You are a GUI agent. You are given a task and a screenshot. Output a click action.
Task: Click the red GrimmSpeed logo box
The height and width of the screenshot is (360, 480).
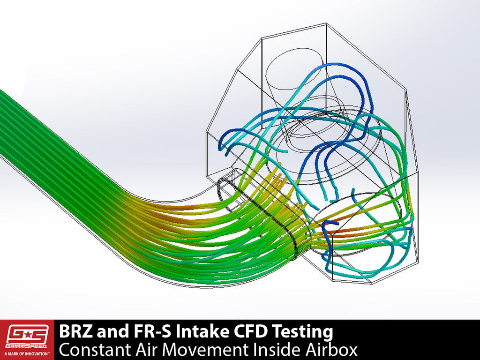[27, 340]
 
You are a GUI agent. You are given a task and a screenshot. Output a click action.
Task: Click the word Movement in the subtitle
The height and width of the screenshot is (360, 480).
[196, 350]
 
